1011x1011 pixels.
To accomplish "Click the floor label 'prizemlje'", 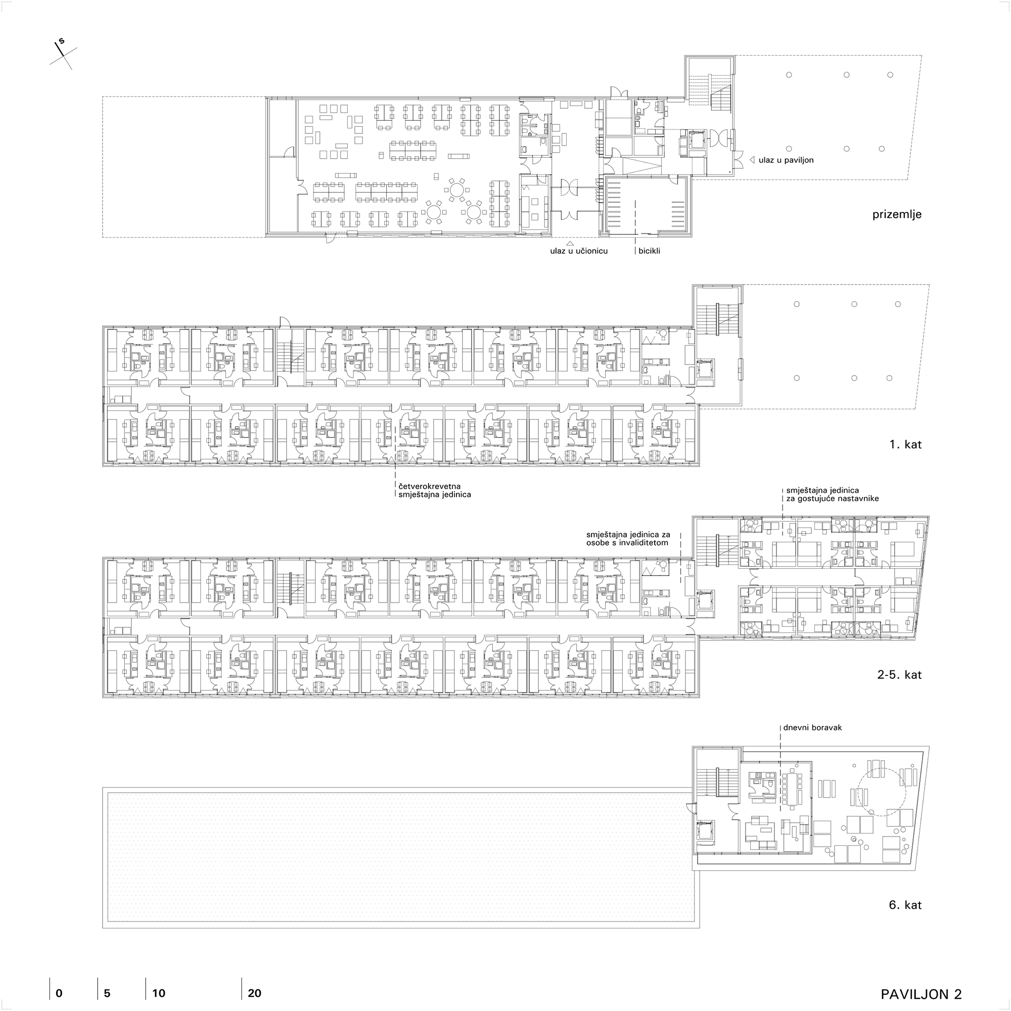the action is click(x=897, y=214).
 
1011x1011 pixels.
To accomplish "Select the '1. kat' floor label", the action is click(x=906, y=444).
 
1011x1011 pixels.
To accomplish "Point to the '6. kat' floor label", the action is click(x=905, y=905).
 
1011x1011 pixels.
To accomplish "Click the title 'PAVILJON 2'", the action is click(x=922, y=994).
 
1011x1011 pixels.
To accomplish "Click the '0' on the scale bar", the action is click(x=59, y=993).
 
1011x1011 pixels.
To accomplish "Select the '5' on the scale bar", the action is click(x=107, y=993).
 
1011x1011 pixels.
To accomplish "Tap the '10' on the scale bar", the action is click(x=159, y=993).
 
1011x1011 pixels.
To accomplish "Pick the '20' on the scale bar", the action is click(x=255, y=993).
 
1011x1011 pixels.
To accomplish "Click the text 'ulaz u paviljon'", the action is click(x=786, y=160).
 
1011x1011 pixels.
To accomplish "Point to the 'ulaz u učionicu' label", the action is click(x=579, y=251).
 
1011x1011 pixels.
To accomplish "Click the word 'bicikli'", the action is click(x=650, y=251).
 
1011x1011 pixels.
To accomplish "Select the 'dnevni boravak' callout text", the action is click(x=813, y=728).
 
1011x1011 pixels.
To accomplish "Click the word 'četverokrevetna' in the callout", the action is click(x=430, y=487).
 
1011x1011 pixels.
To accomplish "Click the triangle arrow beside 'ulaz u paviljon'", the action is click(x=752, y=160).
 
